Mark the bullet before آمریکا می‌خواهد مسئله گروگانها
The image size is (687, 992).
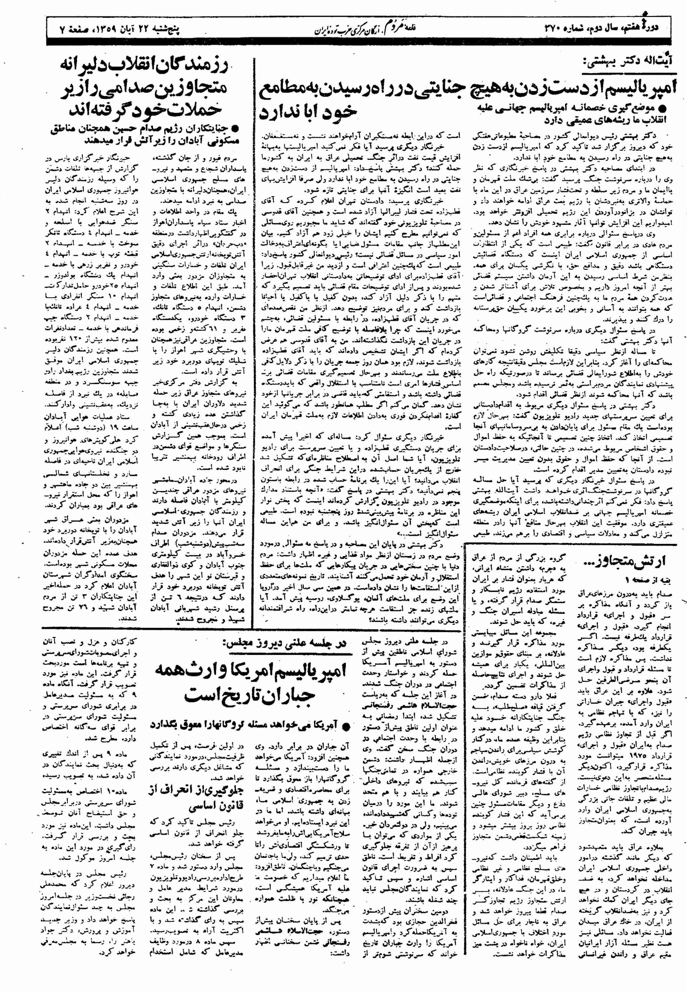coord(345,726)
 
